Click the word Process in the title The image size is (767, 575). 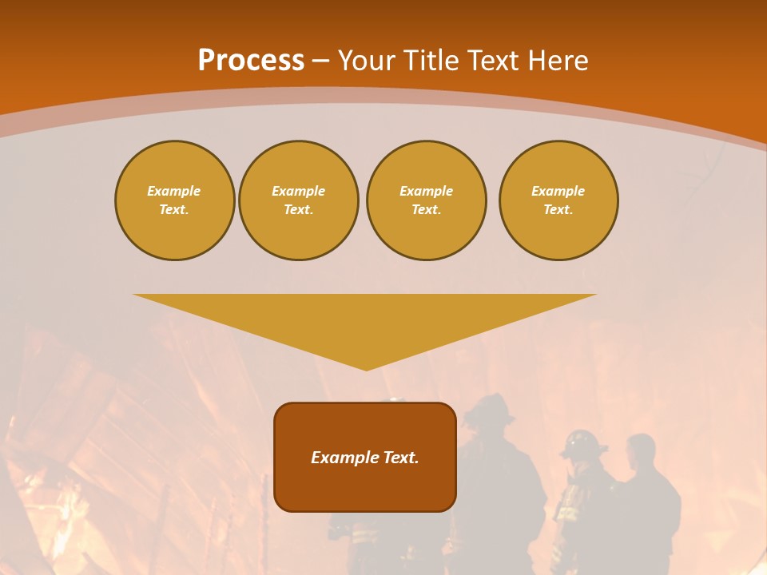(251, 61)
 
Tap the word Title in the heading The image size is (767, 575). (438, 61)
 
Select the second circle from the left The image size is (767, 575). (298, 200)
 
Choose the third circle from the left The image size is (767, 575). (426, 200)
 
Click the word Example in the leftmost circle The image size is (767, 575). (174, 191)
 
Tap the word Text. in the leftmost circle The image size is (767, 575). (174, 210)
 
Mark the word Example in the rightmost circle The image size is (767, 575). (558, 191)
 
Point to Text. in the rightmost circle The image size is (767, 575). (558, 210)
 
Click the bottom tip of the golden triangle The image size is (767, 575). (366, 369)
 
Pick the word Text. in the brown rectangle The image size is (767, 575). (399, 458)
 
